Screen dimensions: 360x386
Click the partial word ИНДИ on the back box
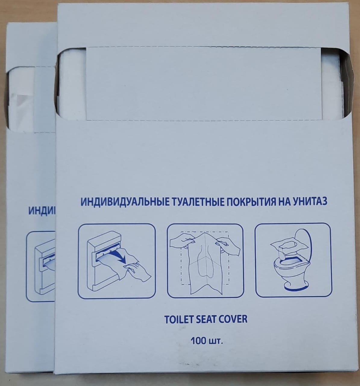pyautogui.click(x=42, y=210)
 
